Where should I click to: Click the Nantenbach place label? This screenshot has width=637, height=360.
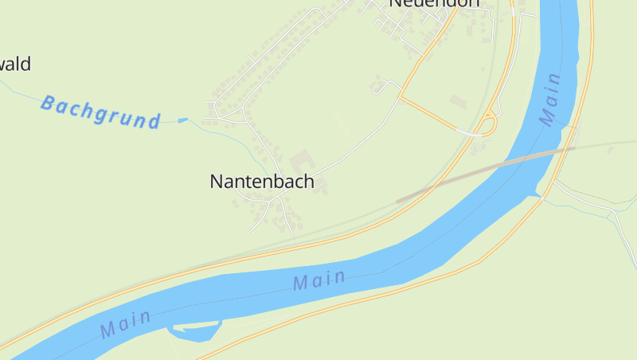point(262,182)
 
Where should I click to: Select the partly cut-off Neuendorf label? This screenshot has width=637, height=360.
point(435,4)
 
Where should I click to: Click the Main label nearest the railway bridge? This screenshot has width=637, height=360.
point(549,99)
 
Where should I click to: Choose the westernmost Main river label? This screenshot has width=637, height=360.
point(126,322)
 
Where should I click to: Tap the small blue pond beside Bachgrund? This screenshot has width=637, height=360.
point(183,120)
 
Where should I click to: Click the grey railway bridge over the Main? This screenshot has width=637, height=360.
point(486,169)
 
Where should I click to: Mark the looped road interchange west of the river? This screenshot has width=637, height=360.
point(487,126)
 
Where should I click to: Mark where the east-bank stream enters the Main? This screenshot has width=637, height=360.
point(541,194)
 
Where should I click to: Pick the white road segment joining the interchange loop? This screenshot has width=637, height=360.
point(470,133)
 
